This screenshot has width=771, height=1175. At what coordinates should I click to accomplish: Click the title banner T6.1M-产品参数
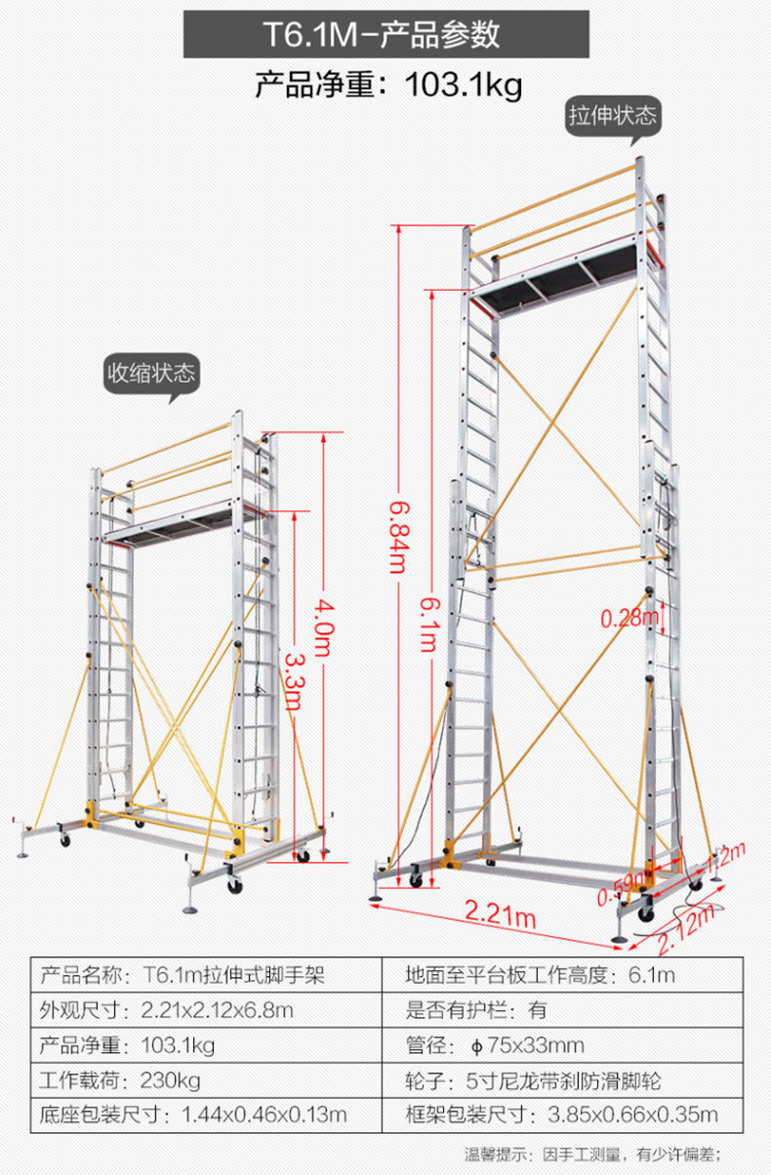tap(386, 34)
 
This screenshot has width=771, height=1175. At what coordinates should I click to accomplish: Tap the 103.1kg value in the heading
tap(464, 85)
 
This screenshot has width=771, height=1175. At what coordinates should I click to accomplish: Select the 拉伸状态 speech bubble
tap(613, 116)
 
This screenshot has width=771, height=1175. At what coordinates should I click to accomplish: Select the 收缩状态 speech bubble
tap(151, 374)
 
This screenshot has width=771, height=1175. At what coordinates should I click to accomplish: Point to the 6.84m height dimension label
tap(398, 537)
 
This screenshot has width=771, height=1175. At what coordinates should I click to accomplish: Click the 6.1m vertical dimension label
tap(430, 625)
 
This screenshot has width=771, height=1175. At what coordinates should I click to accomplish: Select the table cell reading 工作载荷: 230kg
tap(206, 1081)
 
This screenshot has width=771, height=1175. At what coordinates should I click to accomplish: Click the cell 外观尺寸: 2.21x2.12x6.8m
tap(206, 1010)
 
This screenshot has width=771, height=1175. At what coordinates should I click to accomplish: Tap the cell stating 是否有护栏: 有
tap(562, 1010)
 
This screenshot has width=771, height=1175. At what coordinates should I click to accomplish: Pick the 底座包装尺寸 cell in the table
tap(206, 1115)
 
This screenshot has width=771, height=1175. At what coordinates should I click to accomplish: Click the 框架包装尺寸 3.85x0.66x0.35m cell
tap(562, 1115)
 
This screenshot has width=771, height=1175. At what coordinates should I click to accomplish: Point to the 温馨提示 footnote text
tap(592, 1155)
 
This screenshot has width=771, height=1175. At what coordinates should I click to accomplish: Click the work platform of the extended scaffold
tap(564, 277)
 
